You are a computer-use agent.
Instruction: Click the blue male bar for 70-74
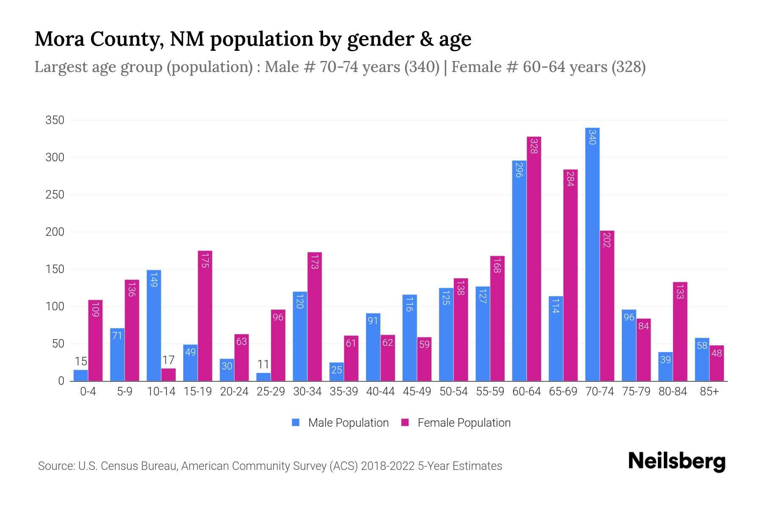tap(592, 254)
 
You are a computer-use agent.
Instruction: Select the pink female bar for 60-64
tap(534, 259)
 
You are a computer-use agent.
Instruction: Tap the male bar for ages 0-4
tap(80, 375)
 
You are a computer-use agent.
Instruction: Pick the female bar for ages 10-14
tap(168, 375)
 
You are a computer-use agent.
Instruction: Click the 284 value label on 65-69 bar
tap(570, 179)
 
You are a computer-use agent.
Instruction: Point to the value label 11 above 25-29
tap(263, 364)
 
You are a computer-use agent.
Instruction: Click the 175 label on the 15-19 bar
tap(205, 260)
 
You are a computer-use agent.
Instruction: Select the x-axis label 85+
tap(709, 392)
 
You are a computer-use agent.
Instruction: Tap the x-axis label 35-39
tap(344, 392)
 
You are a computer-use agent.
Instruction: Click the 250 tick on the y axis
tap(55, 195)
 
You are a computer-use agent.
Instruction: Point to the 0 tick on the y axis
tap(61, 381)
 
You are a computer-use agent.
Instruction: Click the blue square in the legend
tap(296, 422)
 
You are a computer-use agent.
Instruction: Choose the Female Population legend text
tap(464, 422)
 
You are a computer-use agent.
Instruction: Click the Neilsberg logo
tap(676, 461)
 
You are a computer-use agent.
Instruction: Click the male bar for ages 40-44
tap(373, 347)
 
